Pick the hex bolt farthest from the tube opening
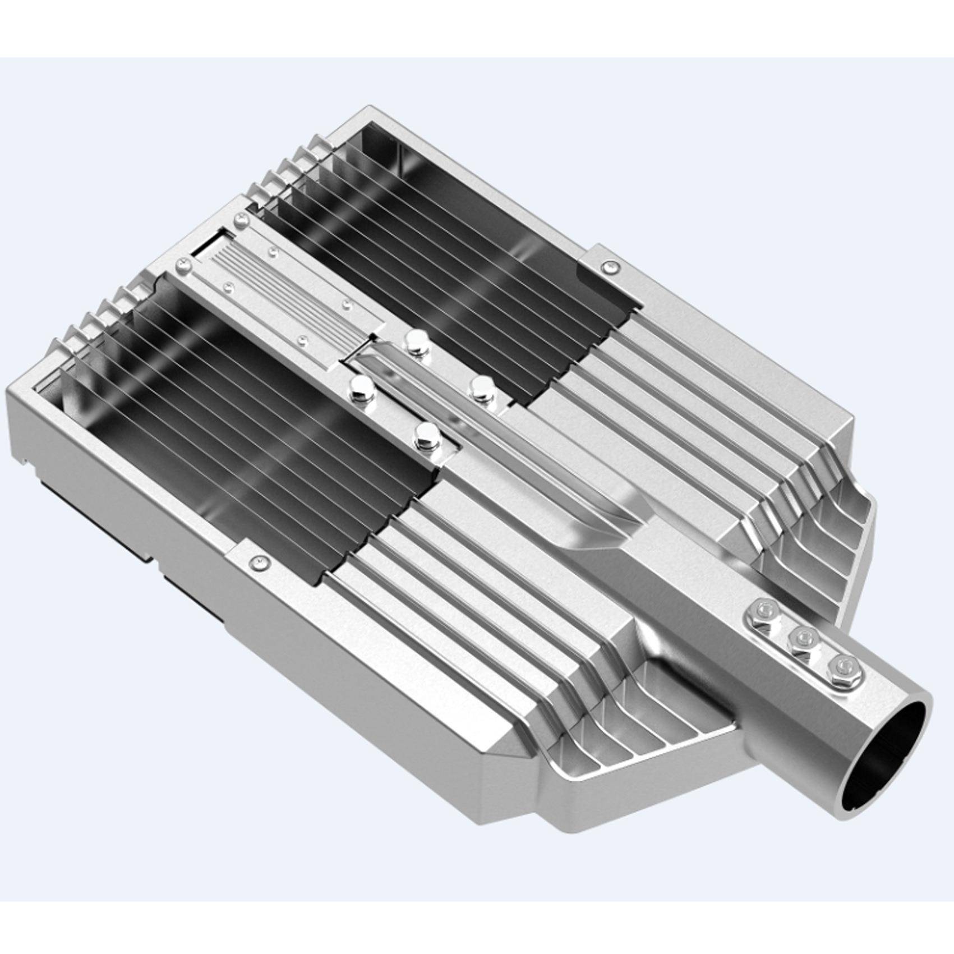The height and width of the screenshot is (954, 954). point(766,610)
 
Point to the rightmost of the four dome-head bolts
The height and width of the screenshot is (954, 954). point(481,387)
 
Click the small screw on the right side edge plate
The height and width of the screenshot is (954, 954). point(610,267)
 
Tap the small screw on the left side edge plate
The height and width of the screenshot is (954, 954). point(259,560)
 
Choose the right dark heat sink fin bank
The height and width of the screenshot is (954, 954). point(449,269)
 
